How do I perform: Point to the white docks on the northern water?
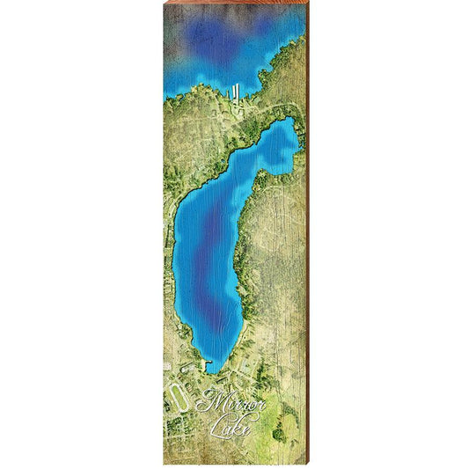238,92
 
